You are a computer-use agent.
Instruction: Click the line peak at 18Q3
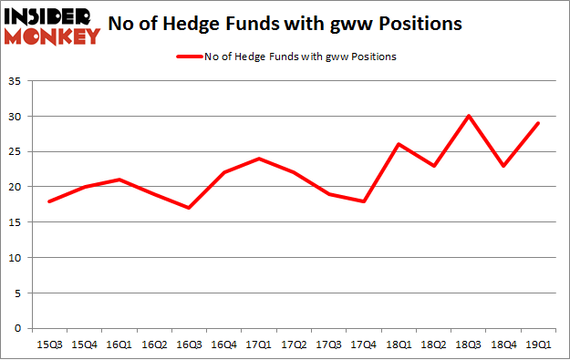click(x=468, y=116)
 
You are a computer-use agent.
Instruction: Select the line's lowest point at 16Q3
click(x=188, y=208)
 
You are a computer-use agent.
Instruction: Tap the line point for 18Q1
click(x=399, y=144)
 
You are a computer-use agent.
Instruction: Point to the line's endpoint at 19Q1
click(x=538, y=123)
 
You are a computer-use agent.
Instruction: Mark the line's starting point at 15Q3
click(x=48, y=201)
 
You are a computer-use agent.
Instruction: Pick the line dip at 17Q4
click(x=363, y=201)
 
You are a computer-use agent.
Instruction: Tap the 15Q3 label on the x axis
click(x=48, y=345)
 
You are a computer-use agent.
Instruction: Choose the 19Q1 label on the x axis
click(x=538, y=345)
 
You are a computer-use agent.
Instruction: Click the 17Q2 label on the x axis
click(x=293, y=345)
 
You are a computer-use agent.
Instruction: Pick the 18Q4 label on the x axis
click(x=503, y=345)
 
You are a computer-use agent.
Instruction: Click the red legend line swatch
click(x=192, y=57)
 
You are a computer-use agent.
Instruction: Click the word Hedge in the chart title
click(x=202, y=23)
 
